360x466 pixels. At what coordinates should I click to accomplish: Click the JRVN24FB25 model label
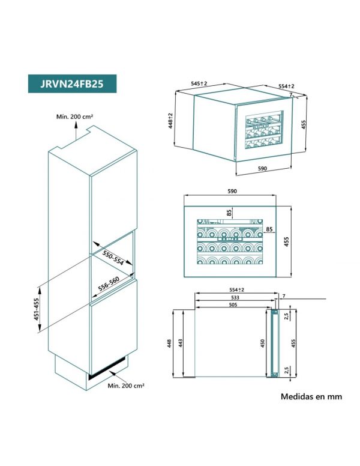(x=72, y=84)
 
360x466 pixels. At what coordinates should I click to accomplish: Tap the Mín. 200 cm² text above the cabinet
(x=75, y=116)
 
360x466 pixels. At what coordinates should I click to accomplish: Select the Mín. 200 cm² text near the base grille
(x=126, y=386)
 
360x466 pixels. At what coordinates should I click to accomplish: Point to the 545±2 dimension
(x=199, y=83)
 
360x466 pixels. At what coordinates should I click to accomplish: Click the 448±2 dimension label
(x=170, y=120)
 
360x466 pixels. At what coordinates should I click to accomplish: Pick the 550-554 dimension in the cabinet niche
(x=113, y=258)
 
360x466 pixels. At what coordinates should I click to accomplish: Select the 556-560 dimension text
(x=109, y=284)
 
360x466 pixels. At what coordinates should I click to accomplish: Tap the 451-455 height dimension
(x=36, y=309)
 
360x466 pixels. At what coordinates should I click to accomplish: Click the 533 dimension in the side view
(x=235, y=297)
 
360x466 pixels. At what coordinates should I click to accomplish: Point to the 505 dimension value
(x=233, y=304)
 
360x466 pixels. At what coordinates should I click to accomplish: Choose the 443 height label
(x=180, y=343)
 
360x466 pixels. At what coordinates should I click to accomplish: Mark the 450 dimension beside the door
(x=262, y=343)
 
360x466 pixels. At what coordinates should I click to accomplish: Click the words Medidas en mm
(x=311, y=396)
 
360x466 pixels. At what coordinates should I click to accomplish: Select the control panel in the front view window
(x=230, y=239)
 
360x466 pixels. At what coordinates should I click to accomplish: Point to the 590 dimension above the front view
(x=232, y=191)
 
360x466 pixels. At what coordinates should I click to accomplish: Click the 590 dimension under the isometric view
(x=262, y=169)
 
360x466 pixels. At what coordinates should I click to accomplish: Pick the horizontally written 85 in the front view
(x=269, y=229)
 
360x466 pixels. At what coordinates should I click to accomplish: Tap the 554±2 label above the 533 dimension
(x=236, y=290)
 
